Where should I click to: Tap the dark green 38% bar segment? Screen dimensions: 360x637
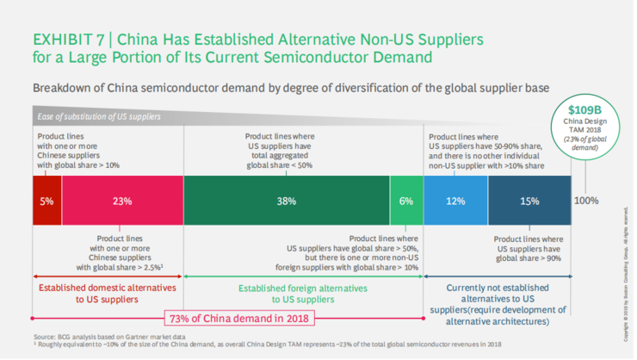[x=287, y=201]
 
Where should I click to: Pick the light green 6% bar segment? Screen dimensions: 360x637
[x=406, y=201]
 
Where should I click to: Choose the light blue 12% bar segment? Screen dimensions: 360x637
[x=455, y=201]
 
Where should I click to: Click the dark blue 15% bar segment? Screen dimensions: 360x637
[x=529, y=201]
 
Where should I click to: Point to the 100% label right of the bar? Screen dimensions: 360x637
[x=586, y=201]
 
